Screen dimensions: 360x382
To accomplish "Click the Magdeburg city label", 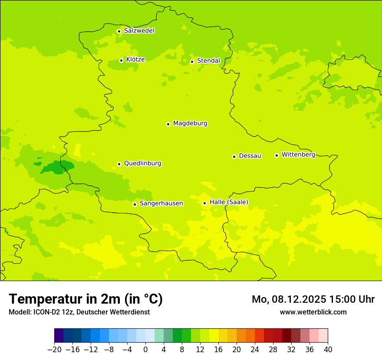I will (190, 124).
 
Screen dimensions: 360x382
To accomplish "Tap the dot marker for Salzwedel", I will (119, 31).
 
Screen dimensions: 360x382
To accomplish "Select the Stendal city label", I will (208, 61).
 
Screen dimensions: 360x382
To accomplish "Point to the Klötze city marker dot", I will (121, 60).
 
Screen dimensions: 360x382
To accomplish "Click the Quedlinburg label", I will (142, 164).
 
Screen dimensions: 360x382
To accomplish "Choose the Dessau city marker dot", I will (234, 157).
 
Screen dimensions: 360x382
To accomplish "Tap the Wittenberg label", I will (298, 155).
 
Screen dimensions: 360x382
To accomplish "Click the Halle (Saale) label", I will (229, 202).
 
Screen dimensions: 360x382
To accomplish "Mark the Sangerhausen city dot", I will (135, 204).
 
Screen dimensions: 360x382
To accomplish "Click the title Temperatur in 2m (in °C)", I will (86, 299).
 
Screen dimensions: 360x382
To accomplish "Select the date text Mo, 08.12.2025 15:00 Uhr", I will (313, 299).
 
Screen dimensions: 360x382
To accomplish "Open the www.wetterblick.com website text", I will (313, 312).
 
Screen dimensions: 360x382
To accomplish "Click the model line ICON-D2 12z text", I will (79, 312).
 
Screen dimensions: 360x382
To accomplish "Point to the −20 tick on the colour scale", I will (55, 350).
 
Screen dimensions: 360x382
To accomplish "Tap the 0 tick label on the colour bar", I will (145, 350).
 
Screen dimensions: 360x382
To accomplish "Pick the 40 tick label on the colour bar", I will (328, 350).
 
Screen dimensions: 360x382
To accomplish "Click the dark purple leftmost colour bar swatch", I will (59, 336).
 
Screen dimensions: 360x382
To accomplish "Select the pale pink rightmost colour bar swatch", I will (323, 336).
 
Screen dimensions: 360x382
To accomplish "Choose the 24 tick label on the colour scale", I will (255, 350).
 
